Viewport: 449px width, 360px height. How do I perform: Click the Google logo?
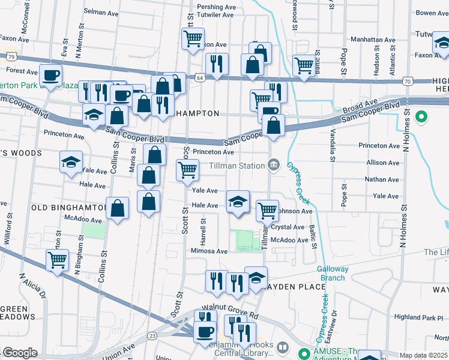point(20,353)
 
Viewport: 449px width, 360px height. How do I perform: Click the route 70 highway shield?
point(408,80)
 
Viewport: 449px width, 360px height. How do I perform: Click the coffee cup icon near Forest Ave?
point(51,76)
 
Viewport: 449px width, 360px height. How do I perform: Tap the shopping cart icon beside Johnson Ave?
point(267,210)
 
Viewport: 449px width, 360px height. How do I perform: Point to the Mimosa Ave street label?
point(209,251)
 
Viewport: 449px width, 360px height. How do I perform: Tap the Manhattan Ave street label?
point(375,40)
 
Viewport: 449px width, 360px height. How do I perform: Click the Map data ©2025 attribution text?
point(423,355)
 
